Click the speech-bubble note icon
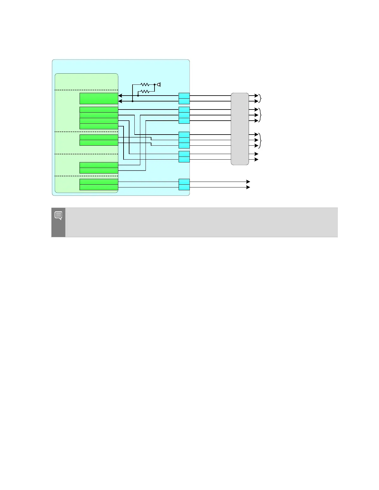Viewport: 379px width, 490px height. coord(58,215)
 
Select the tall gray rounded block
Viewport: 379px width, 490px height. coord(240,129)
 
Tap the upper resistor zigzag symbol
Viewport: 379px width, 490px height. coord(145,84)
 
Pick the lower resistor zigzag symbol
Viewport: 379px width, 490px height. coord(145,92)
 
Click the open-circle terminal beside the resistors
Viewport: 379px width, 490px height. coord(159,84)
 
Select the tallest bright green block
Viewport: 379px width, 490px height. coord(99,98)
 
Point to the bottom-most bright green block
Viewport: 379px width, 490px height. coord(99,187)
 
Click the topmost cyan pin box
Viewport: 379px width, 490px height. coord(184,96)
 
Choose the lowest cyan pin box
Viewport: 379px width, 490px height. coord(184,187)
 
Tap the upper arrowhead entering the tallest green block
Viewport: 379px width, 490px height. coord(120,96)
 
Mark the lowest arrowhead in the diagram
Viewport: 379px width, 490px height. coord(248,187)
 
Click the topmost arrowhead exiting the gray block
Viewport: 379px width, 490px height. coord(256,96)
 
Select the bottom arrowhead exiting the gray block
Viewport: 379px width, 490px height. coord(256,160)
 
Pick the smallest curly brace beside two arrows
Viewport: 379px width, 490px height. coord(260,99)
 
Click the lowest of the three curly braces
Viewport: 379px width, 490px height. coord(260,140)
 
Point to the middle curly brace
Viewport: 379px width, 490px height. coord(260,115)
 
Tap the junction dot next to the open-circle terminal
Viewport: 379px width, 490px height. coord(155,84)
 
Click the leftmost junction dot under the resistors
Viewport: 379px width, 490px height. coord(133,101)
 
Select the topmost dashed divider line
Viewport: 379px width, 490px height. coord(86,90)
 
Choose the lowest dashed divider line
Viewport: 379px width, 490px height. coord(86,176)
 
